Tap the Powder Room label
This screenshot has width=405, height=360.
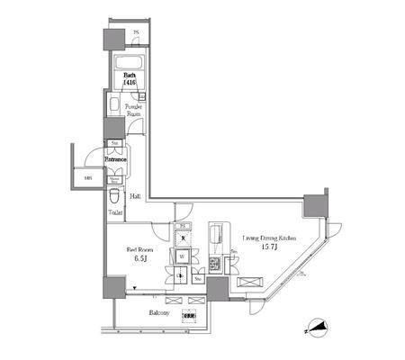pos(132,111)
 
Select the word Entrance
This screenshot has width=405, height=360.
pos(114,160)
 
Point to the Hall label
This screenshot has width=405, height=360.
pos(134,194)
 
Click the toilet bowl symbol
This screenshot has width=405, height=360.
pos(114,195)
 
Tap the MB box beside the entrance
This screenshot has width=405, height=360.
pos(87,176)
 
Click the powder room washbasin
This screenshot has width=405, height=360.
pos(113,105)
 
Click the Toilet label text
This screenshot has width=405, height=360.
pos(116,212)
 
